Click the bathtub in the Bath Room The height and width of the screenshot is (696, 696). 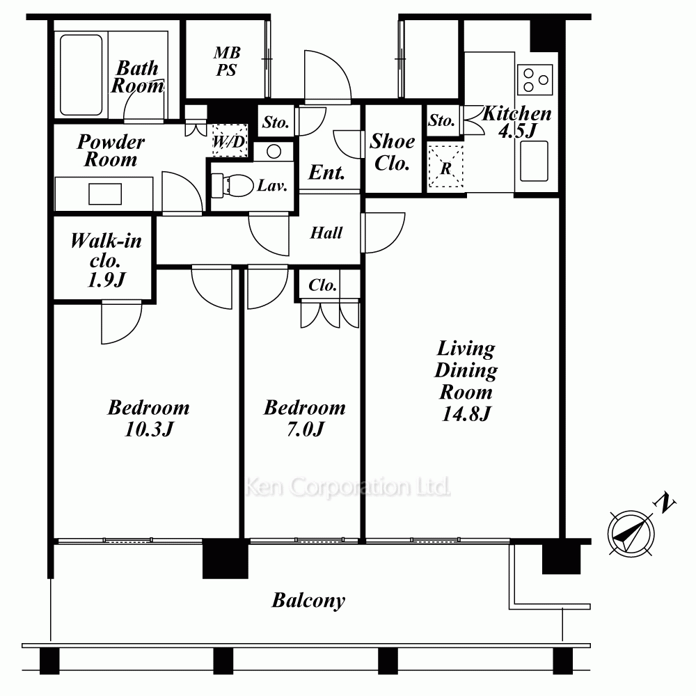coord(81,74)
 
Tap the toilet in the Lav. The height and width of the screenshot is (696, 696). coord(232,186)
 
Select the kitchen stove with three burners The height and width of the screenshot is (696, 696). coord(535,79)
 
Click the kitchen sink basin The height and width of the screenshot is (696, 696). coord(534,161)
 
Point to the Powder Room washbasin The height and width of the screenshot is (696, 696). coord(105,194)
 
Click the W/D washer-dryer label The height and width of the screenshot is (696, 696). coord(229,141)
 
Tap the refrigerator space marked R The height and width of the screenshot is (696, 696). coord(445,168)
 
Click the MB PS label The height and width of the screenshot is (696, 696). coord(227,61)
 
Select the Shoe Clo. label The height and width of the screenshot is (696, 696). coord(393,152)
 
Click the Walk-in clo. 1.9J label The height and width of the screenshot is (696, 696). coord(106,260)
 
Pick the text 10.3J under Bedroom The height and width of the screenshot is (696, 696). coord(149,429)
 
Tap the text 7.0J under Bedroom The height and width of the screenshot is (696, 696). coord(306,429)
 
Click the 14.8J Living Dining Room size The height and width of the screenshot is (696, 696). coord(466,413)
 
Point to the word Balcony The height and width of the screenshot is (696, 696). coord(308,601)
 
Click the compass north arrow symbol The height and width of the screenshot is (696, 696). coord(631,534)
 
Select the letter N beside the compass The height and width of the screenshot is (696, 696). coord(664,503)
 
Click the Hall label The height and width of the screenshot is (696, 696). coord(326,232)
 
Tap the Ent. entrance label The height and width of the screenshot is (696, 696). coord(326,172)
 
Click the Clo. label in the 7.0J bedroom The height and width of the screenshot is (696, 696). coord(323,285)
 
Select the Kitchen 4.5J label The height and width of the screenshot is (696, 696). coord(517,122)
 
